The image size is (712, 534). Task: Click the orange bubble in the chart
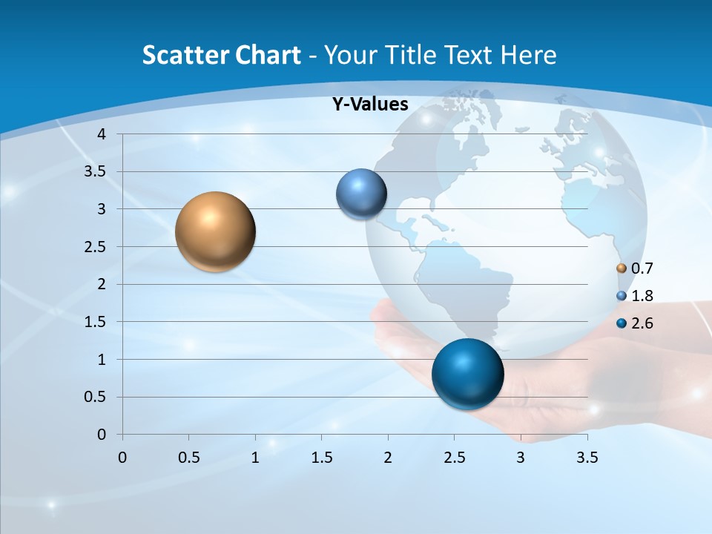[215, 231]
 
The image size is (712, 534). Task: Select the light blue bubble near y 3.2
[361, 194]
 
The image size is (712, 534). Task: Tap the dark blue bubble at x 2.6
[467, 374]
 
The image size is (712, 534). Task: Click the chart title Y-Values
[370, 105]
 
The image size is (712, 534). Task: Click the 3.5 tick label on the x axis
[587, 458]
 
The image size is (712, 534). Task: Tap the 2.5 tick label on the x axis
[454, 458]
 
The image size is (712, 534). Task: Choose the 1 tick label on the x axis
[255, 458]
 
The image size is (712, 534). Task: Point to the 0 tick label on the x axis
[122, 458]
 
